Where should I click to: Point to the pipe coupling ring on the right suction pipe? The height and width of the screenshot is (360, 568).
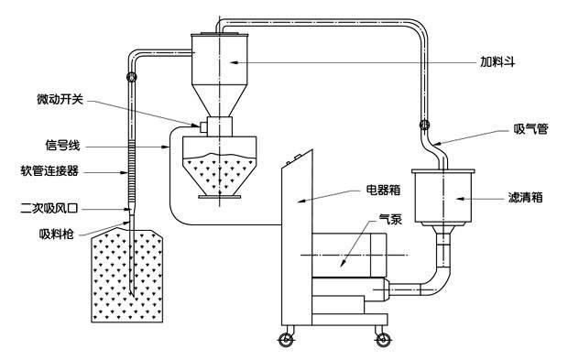coord(424,125)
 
